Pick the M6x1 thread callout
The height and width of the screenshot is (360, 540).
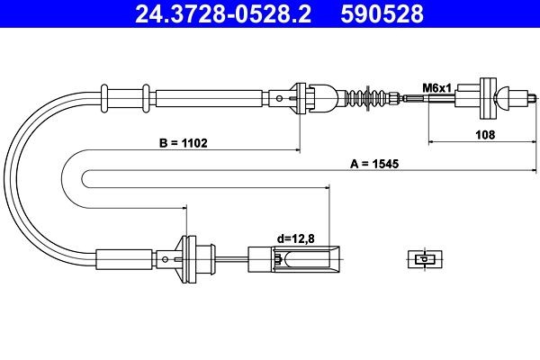436,87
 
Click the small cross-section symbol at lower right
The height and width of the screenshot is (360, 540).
420,258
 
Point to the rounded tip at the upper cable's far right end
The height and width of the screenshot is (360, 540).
526,94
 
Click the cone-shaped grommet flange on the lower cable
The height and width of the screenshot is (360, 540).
188,256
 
